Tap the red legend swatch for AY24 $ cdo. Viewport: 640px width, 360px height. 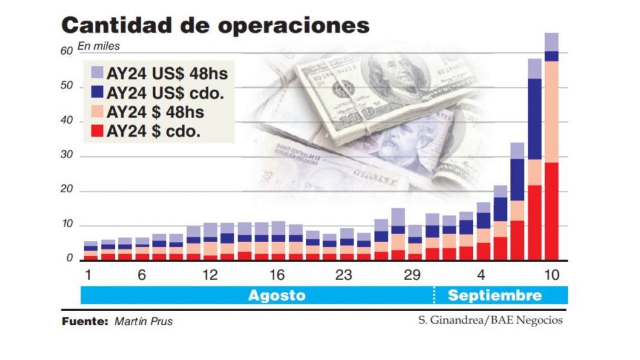pyautogui.click(x=97, y=132)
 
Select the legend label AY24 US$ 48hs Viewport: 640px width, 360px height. pyautogui.click(x=168, y=72)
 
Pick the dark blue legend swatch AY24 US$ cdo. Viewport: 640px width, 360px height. pyautogui.click(x=97, y=92)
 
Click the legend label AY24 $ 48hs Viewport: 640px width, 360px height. pyautogui.click(x=155, y=112)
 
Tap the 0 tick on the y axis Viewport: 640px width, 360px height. pyautogui.click(x=70, y=259)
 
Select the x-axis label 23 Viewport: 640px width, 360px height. pyautogui.click(x=343, y=275)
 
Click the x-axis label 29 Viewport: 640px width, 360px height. pyautogui.click(x=412, y=275)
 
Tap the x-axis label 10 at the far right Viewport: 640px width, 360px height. pyautogui.click(x=551, y=275)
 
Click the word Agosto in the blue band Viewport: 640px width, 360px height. pyautogui.click(x=277, y=295)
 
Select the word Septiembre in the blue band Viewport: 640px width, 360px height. pyautogui.click(x=495, y=295)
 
